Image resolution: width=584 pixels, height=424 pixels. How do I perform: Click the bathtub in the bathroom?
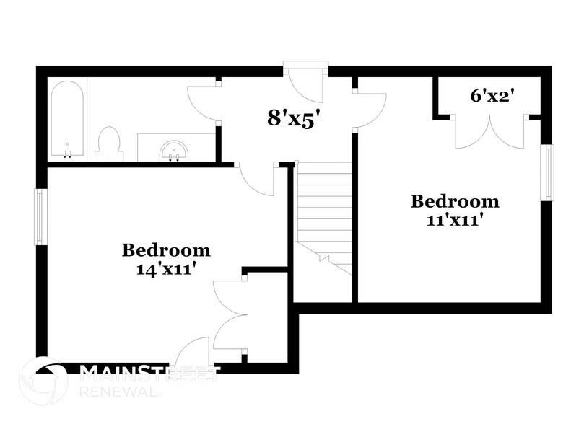[67, 119]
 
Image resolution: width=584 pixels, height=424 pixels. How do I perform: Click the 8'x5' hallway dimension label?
[293, 118]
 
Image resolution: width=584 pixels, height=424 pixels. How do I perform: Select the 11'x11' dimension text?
[455, 218]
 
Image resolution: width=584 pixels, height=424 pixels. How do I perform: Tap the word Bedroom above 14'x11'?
[166, 250]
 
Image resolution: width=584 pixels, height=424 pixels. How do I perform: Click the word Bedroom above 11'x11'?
[455, 201]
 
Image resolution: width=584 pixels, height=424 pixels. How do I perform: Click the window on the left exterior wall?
[41, 216]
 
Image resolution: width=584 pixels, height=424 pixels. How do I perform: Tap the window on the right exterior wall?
[549, 172]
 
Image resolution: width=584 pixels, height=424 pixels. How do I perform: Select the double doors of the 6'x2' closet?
[489, 133]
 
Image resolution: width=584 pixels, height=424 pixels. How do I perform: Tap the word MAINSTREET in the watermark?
[148, 372]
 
